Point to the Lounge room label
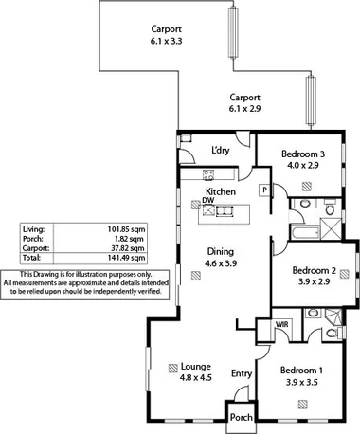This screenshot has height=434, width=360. point(196,367)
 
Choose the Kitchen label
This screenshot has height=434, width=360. point(221,191)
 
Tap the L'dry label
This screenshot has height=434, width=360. point(221,151)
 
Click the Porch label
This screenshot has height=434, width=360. point(242,416)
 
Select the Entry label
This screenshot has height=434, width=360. point(242,373)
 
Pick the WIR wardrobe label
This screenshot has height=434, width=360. point(281,325)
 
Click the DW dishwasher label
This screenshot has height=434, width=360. point(207,201)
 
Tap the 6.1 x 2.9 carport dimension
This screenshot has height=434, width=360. point(244,109)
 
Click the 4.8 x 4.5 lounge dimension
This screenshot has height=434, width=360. point(196,378)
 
